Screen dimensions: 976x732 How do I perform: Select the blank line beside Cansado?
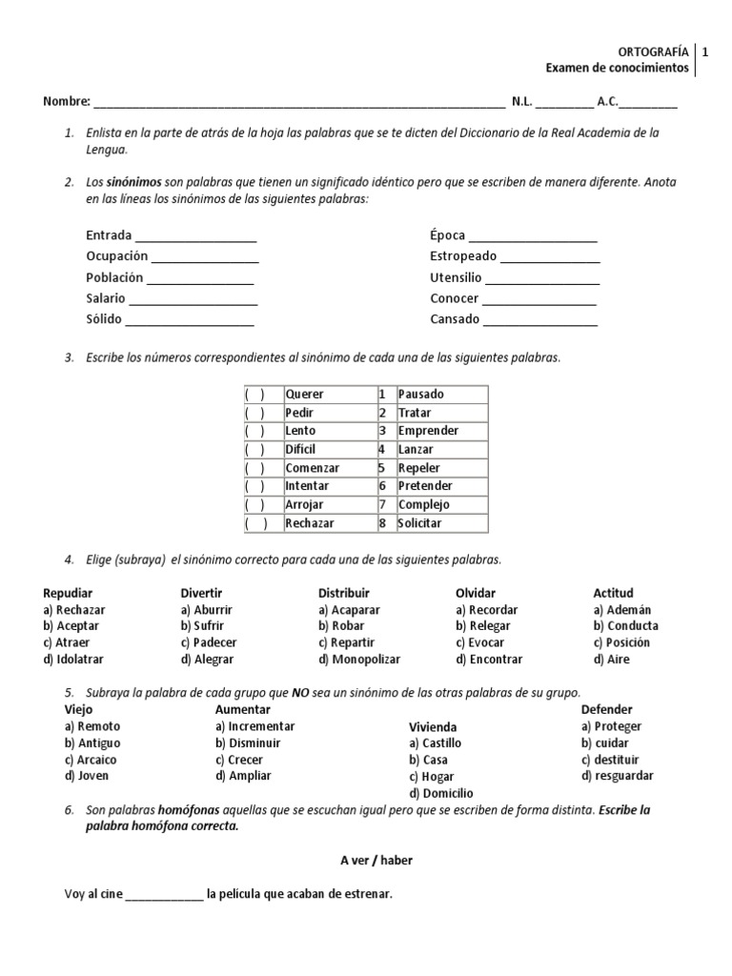click(x=539, y=321)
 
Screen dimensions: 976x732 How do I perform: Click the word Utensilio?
click(x=456, y=278)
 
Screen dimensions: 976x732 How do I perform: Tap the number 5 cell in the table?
click(x=381, y=468)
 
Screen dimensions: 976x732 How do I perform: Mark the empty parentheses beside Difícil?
click(x=254, y=450)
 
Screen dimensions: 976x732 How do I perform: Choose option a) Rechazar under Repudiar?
click(x=74, y=610)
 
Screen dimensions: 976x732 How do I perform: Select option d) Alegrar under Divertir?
click(x=207, y=660)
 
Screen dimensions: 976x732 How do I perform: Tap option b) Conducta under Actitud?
click(x=625, y=626)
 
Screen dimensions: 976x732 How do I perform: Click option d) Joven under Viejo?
click(x=87, y=776)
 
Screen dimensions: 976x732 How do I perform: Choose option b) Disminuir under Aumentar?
click(x=248, y=743)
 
